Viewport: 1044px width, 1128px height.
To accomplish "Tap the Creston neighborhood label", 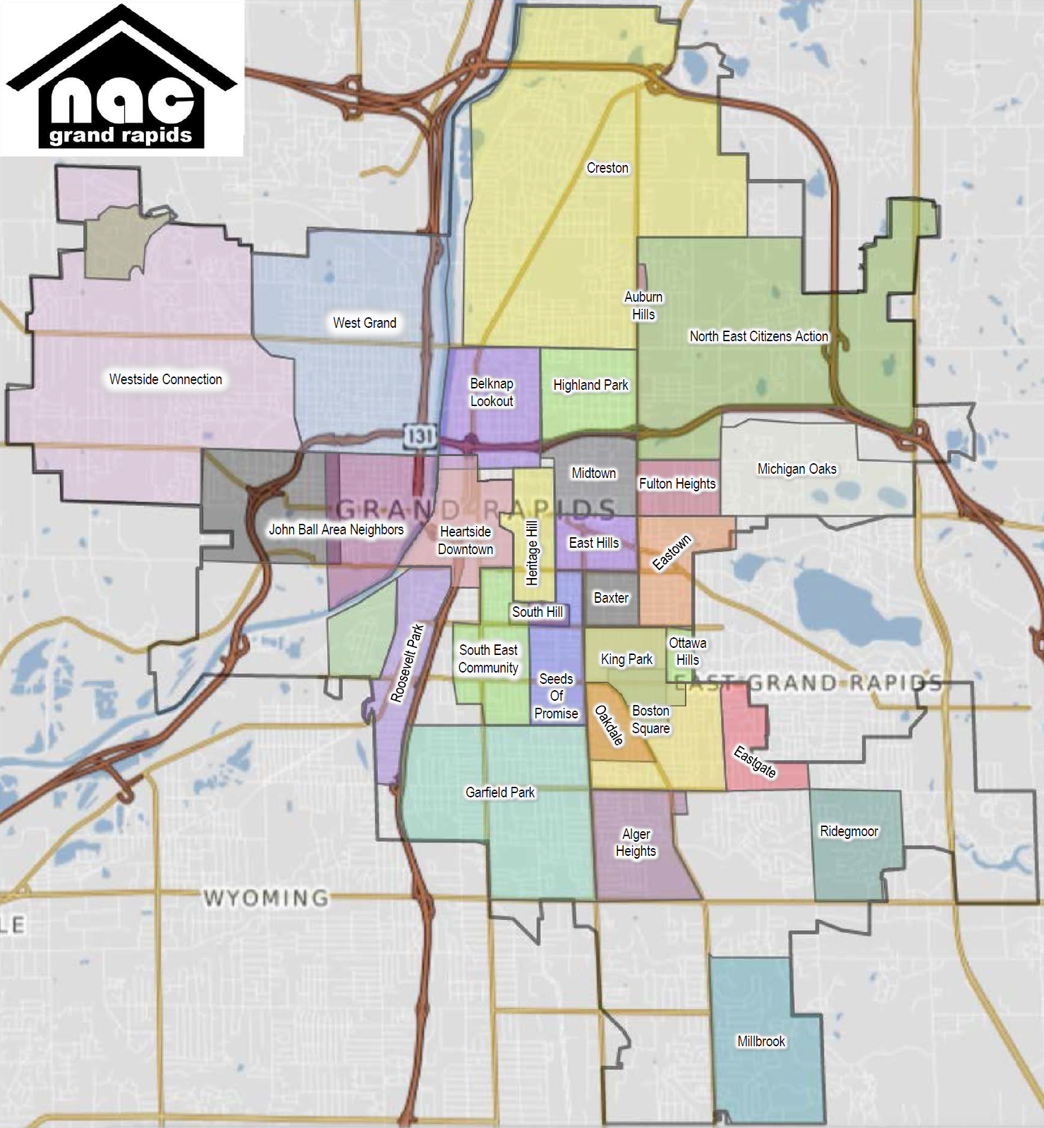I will [607, 168].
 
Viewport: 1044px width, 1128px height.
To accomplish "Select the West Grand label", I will [364, 323].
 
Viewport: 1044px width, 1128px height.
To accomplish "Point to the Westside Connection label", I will [165, 379].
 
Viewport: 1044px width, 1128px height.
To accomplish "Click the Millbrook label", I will [760, 1041].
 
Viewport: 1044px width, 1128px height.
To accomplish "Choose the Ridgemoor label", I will [849, 831].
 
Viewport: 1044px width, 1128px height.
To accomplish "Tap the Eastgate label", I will [755, 761].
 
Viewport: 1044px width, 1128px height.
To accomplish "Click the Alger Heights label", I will [636, 842].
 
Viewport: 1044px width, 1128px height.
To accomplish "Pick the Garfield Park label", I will [499, 792].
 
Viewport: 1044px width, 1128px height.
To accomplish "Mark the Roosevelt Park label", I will [408, 663].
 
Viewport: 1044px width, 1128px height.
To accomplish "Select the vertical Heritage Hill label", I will [532, 553].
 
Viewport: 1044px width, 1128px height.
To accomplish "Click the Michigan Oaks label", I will [796, 469].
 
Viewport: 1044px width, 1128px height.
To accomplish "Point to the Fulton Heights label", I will [677, 484].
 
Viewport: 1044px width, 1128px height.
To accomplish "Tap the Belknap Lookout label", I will [492, 392].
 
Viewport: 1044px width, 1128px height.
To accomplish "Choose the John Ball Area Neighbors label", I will [336, 529].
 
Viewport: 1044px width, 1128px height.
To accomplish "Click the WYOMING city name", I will [266, 897].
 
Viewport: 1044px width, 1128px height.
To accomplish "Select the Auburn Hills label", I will [643, 306].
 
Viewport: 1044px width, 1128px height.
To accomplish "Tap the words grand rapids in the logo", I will [121, 135].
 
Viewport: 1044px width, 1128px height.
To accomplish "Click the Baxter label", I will [611, 598].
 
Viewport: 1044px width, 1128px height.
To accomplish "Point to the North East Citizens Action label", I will [758, 336].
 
